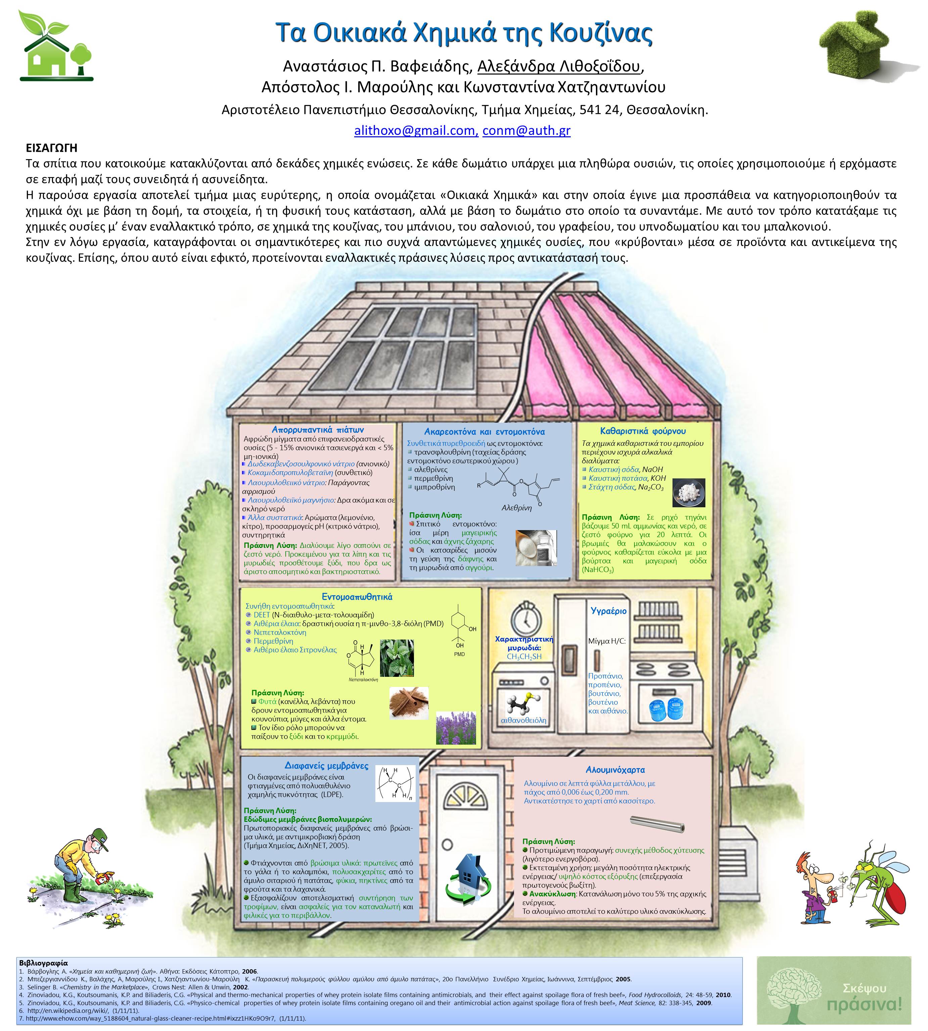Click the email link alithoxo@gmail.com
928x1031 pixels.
[416, 131]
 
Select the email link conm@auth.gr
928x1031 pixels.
[526, 131]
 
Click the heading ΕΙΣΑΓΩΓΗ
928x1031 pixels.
[51, 148]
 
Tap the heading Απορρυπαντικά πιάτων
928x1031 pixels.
[318, 430]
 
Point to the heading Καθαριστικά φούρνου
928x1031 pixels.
[643, 431]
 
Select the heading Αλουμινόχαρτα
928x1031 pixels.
[615, 770]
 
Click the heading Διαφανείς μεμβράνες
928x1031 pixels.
[326, 766]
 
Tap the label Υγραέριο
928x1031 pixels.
[608, 611]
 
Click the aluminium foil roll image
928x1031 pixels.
[657, 823]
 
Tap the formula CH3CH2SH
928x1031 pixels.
[524, 657]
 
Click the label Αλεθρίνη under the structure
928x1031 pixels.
[516, 508]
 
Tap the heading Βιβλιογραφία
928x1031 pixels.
[43, 963]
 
